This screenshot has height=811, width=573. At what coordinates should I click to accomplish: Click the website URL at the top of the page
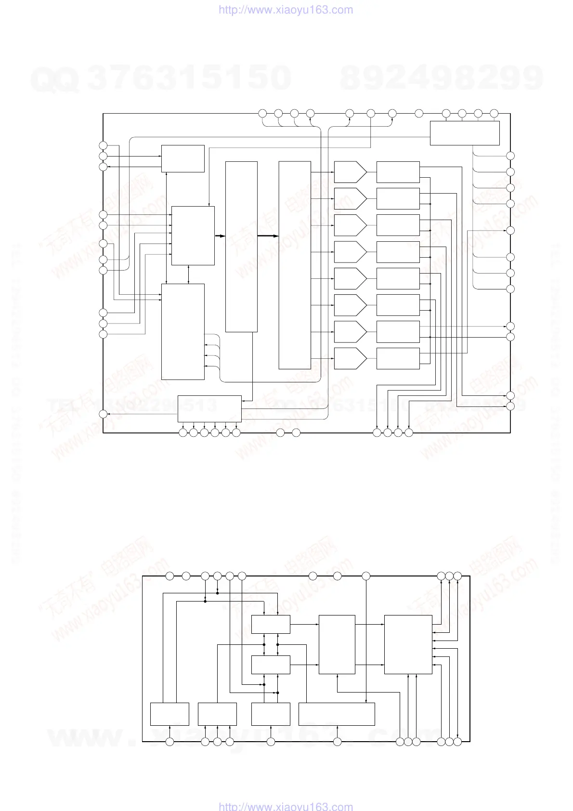coord(286,10)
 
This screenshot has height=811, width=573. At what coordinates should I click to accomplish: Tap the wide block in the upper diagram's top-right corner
coord(464,133)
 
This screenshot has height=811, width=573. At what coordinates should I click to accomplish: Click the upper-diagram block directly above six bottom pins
coord(209,409)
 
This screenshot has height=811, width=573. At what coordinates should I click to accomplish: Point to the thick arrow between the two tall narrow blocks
coord(268,236)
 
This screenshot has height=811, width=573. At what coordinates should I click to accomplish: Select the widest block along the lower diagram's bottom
coord(337,714)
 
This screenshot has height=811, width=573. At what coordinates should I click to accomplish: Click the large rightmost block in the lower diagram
coord(408,644)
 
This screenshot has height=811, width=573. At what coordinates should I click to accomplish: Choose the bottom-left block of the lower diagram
coord(169,714)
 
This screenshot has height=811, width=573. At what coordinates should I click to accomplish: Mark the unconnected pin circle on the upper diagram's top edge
coord(419,113)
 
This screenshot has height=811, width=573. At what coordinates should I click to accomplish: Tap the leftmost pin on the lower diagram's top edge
coord(169,576)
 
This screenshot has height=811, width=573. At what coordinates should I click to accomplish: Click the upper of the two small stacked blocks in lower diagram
coord(271,624)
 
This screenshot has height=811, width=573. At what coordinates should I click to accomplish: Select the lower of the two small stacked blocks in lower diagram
coord(271,665)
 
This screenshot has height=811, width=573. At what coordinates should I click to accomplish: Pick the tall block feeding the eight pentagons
coord(295,265)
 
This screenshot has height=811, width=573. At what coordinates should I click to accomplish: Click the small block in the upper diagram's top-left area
coord(182,158)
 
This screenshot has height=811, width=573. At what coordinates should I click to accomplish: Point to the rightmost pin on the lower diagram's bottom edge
coord(458,742)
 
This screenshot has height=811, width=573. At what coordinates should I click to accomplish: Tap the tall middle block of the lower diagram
coord(337,644)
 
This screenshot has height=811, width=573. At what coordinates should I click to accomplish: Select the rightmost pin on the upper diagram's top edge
coord(494,113)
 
